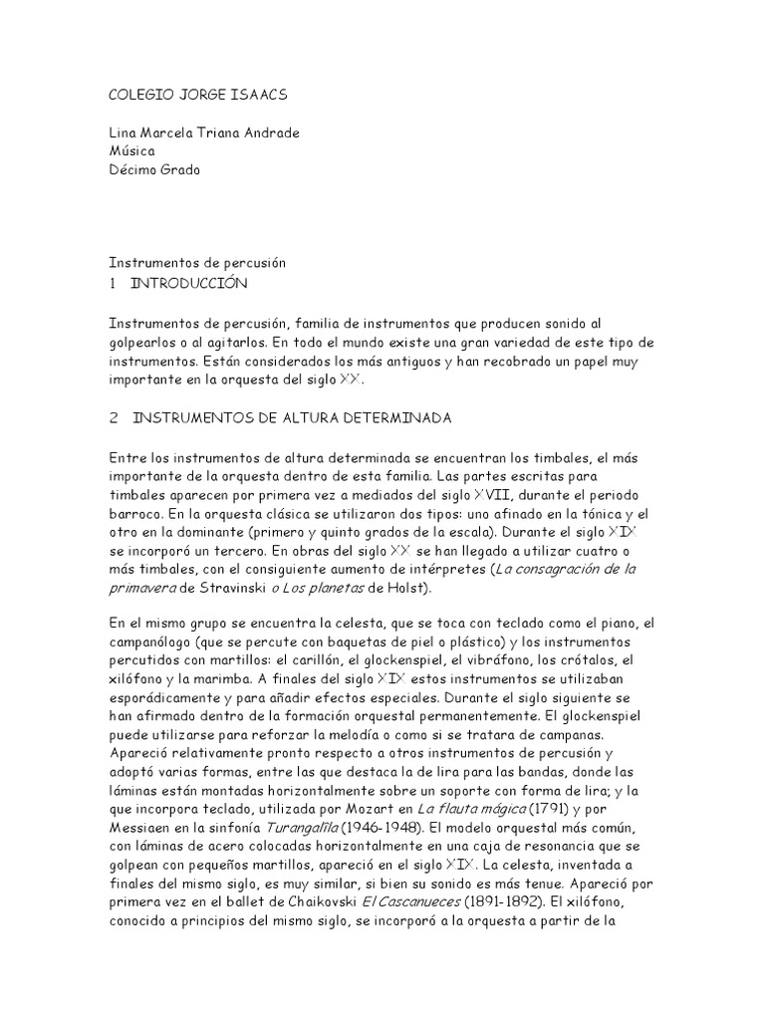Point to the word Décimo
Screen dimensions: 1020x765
tap(133, 170)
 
